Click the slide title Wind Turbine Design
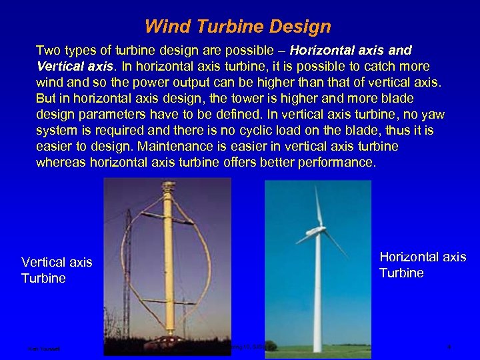click(238, 27)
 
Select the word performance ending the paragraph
click(340, 162)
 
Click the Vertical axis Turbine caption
click(56, 270)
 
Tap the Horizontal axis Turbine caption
click(422, 265)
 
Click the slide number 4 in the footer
click(450, 347)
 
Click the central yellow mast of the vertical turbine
click(168, 267)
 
